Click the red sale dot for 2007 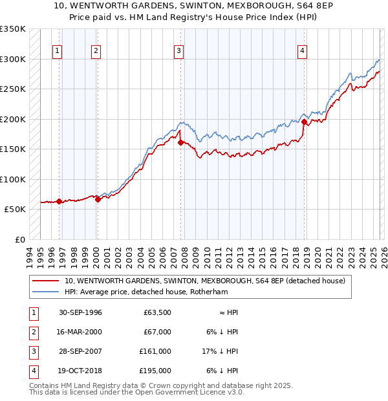click(180, 142)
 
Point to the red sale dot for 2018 click(303, 121)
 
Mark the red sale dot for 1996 click(59, 201)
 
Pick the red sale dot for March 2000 click(98, 199)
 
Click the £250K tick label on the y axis click(13, 89)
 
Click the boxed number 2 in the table click(32, 332)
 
